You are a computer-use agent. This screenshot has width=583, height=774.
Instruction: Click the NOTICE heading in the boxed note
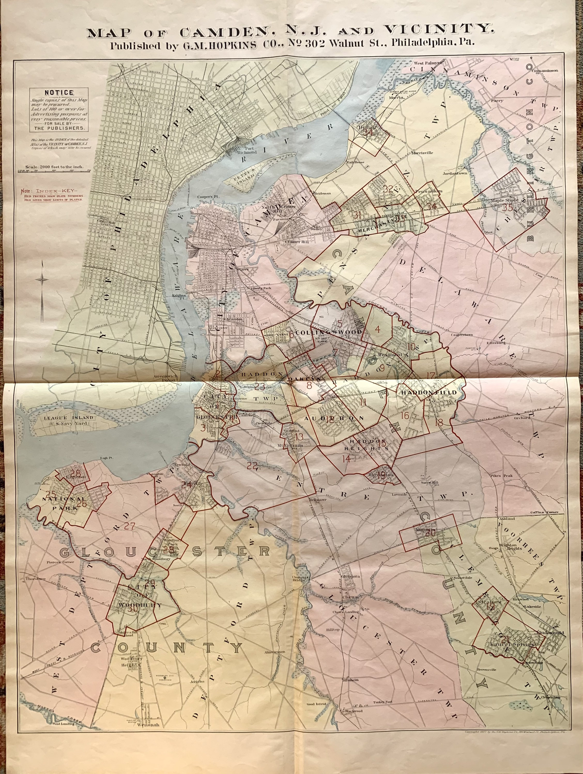(x=58, y=92)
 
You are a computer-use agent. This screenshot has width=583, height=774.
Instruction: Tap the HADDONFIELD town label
(x=428, y=392)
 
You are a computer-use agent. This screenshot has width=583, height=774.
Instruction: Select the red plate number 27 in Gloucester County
(x=129, y=526)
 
